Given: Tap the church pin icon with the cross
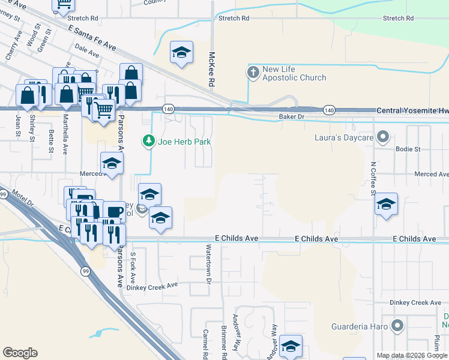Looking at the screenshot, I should [253, 73].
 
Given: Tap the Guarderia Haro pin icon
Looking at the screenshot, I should [397, 326].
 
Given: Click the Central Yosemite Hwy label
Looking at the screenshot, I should [412, 111].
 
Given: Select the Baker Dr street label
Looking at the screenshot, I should [292, 116].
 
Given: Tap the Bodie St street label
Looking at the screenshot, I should [408, 148].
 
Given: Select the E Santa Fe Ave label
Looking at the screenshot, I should [92, 37].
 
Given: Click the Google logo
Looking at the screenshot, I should [20, 352].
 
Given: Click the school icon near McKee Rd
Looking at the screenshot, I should [181, 52].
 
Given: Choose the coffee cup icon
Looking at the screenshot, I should [114, 212].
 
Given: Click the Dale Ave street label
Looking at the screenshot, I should [87, 53].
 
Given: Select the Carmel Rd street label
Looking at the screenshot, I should [206, 341].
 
